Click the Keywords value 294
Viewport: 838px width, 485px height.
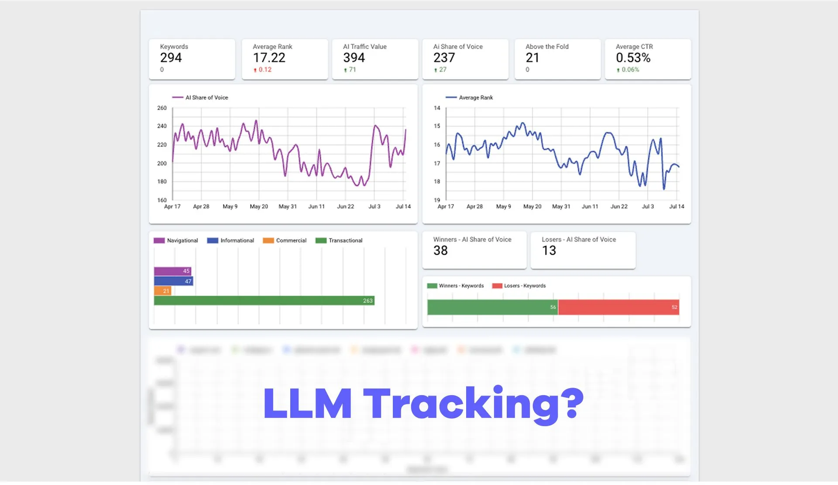tap(171, 58)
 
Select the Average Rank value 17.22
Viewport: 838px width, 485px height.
tap(269, 58)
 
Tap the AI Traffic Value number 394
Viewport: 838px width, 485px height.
tap(354, 58)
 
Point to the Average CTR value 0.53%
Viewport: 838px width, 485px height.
tap(633, 58)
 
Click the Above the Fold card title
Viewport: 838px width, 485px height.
tap(547, 47)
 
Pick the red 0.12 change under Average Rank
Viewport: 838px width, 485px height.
tap(263, 70)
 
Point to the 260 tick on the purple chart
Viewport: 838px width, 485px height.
tap(162, 108)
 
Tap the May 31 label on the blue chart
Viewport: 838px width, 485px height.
tap(561, 207)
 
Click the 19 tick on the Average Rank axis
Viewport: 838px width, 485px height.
tap(437, 200)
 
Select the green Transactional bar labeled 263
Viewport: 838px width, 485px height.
tap(264, 301)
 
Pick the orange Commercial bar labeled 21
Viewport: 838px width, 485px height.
tap(162, 291)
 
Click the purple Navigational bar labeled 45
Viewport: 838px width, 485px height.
tap(172, 271)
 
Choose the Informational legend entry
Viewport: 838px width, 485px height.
tap(231, 240)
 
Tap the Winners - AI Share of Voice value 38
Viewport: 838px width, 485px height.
tap(440, 250)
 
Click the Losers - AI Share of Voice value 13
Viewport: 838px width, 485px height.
tap(549, 250)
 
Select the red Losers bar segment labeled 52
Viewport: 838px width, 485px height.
tap(618, 307)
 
